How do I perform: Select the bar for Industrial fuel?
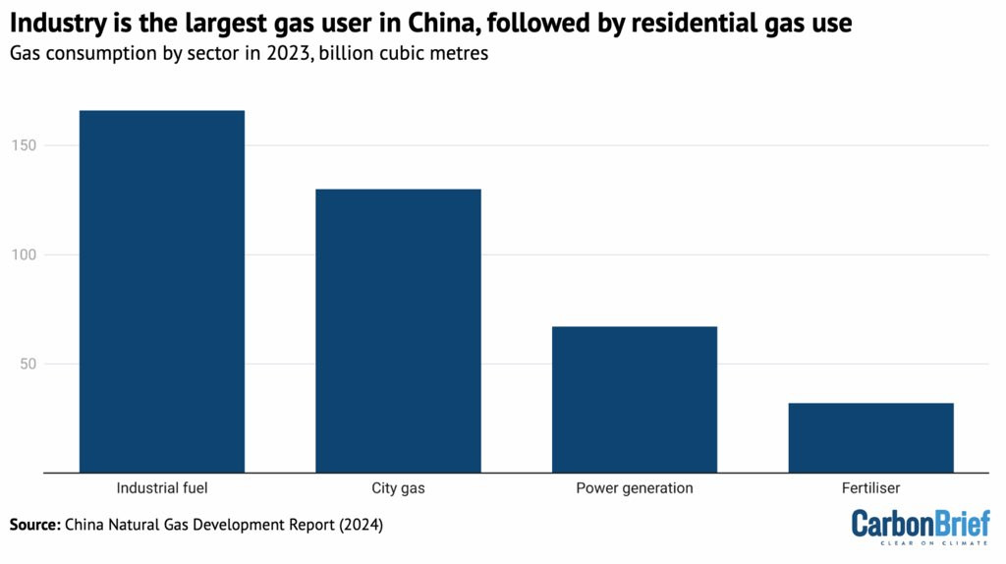click(x=162, y=291)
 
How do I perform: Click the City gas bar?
click(x=398, y=330)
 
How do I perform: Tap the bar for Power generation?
click(x=634, y=399)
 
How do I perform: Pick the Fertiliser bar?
click(x=870, y=437)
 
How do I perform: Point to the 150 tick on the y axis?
click(x=50, y=145)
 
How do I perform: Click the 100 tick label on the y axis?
click(x=50, y=254)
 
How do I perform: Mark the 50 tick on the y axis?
click(x=54, y=365)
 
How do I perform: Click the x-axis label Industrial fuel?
click(x=162, y=487)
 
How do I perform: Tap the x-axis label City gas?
click(x=398, y=487)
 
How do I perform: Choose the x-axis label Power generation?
click(x=634, y=487)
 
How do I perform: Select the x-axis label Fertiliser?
click(x=870, y=487)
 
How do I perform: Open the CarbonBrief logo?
click(x=920, y=522)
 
